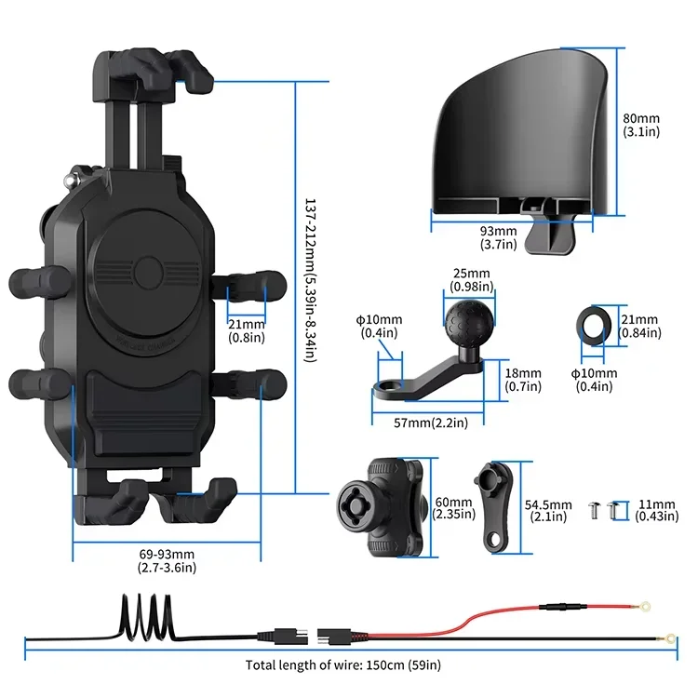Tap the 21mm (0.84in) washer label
(x=642, y=327)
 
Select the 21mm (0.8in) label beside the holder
(x=246, y=330)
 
